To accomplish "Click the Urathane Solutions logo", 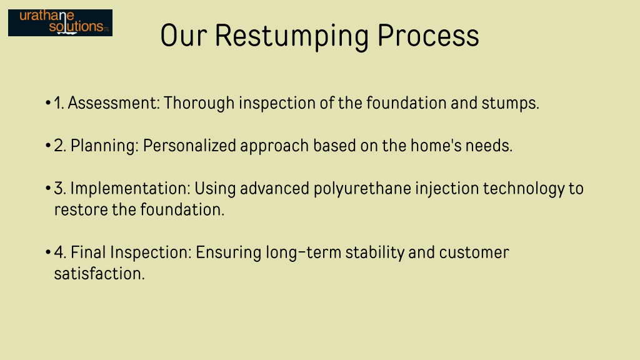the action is pos(61,23).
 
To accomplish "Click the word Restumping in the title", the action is pos(291,36).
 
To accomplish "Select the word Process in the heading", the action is pos(428,36).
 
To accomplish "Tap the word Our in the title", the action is pos(184,36).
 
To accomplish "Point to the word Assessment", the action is pos(114,103).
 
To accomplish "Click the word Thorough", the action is pos(199,103).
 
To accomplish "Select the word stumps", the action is pos(510,104).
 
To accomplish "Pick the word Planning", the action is pos(104,146).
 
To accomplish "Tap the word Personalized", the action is pos(189,146).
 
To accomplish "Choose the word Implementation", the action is pos(130,189).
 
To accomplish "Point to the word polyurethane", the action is pos(362,189).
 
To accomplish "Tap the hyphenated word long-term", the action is pos(303,252).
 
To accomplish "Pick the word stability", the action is pos(375,252).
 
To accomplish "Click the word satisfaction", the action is pos(99,274).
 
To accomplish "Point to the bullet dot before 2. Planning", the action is pos(48,146).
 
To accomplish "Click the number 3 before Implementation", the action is pos(59,189).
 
